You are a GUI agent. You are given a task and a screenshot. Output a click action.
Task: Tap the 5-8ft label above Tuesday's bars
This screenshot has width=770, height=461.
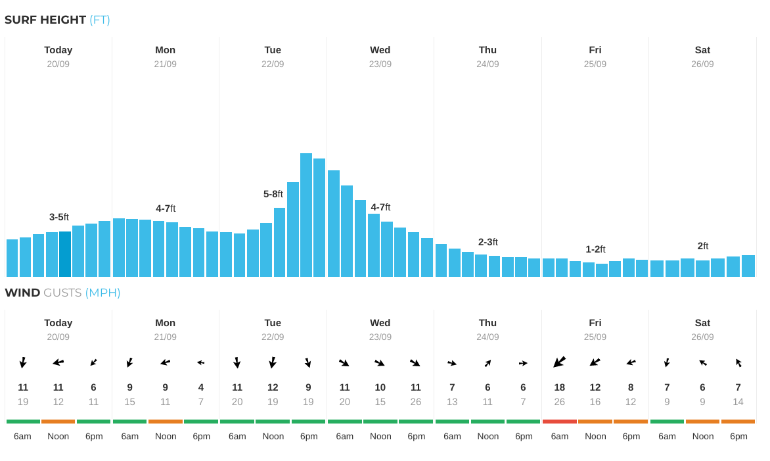pos(273,194)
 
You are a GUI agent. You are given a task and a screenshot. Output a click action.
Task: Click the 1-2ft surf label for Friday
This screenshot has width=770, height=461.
pos(595,249)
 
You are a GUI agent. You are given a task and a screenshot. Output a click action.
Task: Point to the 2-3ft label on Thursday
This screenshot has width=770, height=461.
pos(487,242)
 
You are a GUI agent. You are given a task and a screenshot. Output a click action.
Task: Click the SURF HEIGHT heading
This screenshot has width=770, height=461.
pos(45,20)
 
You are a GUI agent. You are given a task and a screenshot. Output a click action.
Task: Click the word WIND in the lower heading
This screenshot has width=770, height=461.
pos(22,293)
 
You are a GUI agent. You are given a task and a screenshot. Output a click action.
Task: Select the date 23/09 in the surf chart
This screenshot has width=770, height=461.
pos(380,64)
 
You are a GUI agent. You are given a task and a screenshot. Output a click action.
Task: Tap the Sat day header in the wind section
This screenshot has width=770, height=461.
pos(702,323)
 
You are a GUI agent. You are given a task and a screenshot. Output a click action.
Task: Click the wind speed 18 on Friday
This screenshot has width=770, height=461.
pos(560,387)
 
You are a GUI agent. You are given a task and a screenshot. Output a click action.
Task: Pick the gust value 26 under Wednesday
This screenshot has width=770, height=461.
pos(415,402)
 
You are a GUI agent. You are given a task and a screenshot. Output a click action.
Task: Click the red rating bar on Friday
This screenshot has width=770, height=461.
pos(560,422)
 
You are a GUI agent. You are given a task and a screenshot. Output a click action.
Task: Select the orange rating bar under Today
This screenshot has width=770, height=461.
pos(58,422)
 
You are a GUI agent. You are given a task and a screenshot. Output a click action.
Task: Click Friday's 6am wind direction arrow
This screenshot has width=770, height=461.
pos(560,362)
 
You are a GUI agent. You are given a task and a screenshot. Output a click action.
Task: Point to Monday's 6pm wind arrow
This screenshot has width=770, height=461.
pos(201,362)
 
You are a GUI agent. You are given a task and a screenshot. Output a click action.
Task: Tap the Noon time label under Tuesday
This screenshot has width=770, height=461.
pos(273,436)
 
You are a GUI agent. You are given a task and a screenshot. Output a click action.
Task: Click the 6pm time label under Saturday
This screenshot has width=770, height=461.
pos(738,436)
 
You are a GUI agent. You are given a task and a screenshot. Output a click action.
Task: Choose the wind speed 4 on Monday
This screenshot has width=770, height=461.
pos(201,387)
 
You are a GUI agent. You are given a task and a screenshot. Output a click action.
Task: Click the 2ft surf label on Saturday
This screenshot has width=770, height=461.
pos(702,246)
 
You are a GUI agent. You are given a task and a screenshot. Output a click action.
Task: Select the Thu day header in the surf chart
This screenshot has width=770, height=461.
pos(487,50)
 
